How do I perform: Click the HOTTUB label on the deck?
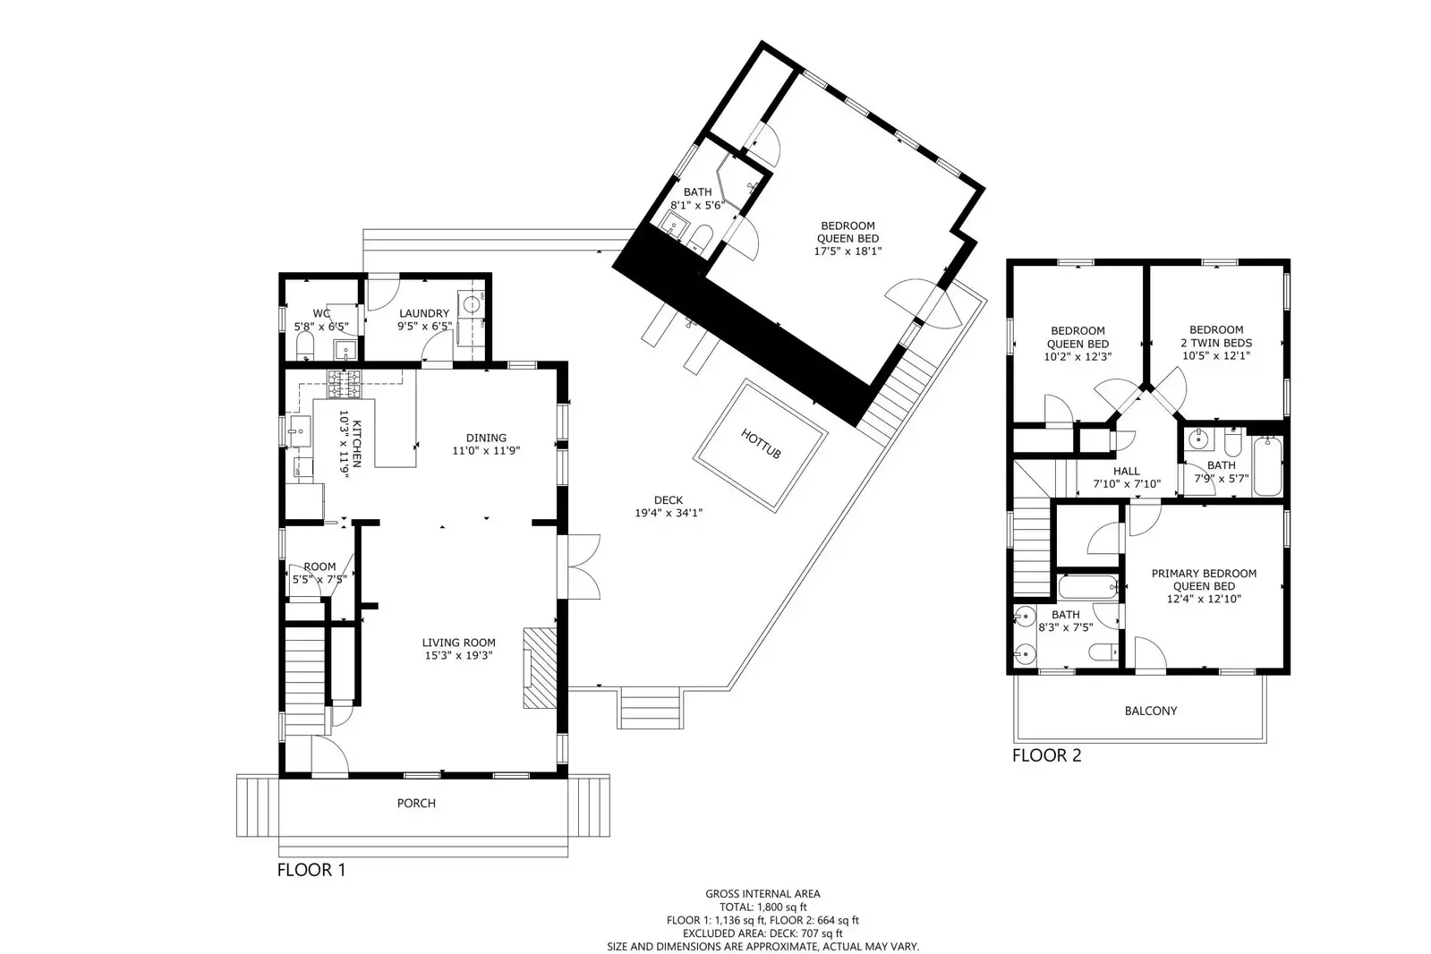[761, 444]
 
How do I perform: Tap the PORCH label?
[416, 804]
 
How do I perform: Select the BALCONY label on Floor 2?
[1150, 711]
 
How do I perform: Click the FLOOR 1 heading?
[311, 870]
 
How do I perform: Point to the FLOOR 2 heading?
[1046, 755]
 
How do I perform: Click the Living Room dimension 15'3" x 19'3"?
[458, 655]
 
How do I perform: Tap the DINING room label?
[486, 438]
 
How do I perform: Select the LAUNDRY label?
[423, 313]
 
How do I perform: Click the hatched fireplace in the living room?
[540, 668]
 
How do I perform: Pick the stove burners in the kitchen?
[344, 385]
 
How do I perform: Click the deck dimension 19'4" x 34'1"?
[668, 514]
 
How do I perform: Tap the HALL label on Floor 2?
[1126, 471]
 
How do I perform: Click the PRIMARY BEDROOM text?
[1204, 574]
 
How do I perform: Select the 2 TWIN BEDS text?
[1216, 343]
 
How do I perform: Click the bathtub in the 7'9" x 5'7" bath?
[1266, 465]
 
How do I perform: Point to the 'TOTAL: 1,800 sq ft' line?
[762, 907]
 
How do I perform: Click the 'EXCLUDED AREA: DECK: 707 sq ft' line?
[762, 933]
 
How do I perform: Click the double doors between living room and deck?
[583, 567]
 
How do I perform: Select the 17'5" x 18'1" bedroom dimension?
[847, 251]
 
